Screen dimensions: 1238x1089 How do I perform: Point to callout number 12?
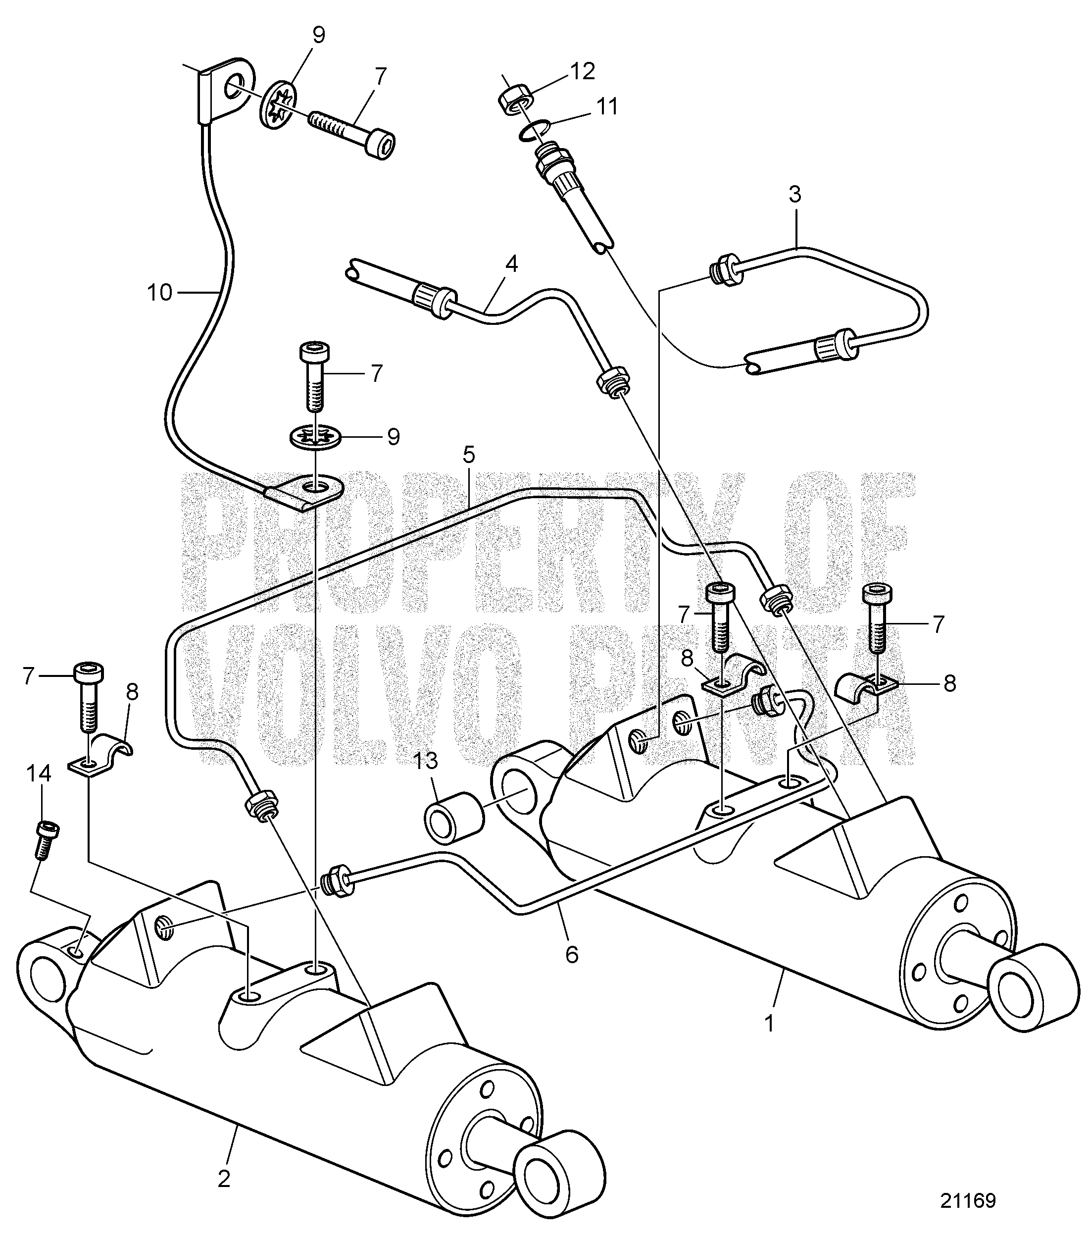581,71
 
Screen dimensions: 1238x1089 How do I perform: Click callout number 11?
606,106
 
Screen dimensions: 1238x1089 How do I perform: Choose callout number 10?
160,293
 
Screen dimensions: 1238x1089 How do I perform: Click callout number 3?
795,195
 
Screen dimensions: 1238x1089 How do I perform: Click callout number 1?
769,1023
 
